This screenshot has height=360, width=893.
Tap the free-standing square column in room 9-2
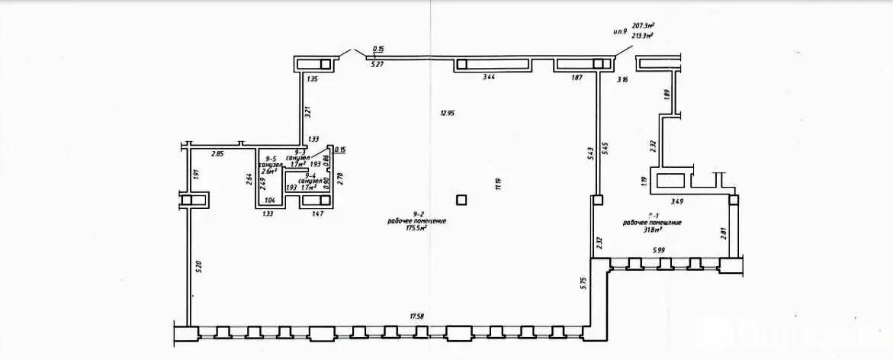tap(461, 200)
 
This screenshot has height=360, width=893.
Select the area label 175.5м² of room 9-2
tap(416, 227)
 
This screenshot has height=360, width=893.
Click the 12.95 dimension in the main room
tap(447, 114)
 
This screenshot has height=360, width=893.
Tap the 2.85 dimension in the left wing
tap(217, 155)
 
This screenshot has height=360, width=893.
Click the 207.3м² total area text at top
tap(644, 25)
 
